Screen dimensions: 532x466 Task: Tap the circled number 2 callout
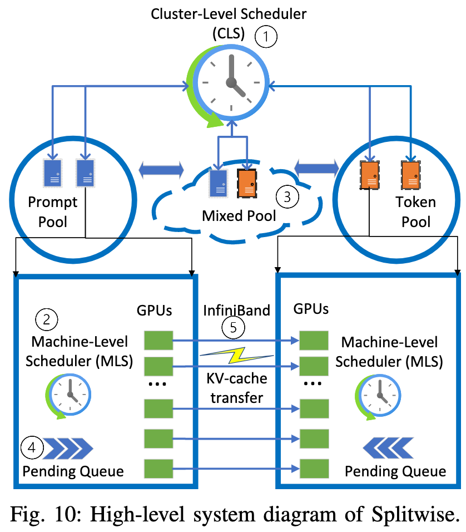click(47, 319)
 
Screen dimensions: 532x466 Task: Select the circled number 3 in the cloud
click(287, 196)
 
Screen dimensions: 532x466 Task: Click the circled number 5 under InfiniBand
click(233, 326)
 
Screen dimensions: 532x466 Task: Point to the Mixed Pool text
click(239, 215)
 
